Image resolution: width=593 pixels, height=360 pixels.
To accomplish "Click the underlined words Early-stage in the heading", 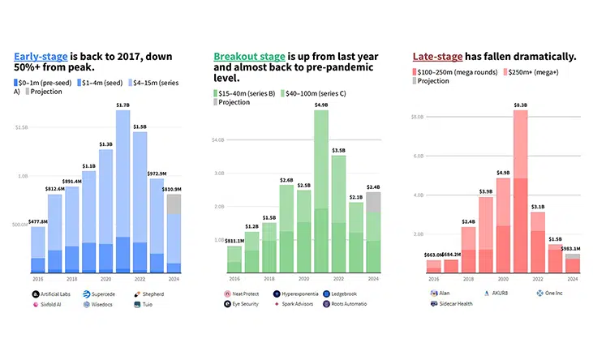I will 38,58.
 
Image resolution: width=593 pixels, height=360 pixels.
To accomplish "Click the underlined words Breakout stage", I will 249,57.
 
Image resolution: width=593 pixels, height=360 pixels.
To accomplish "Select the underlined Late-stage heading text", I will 437,57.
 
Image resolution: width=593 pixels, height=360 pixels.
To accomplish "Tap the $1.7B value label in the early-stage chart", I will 122,105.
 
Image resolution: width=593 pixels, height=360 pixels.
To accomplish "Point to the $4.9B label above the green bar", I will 320,105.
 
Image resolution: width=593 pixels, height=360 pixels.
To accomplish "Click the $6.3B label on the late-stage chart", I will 520,105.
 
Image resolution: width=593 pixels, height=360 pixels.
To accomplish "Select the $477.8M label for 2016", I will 38,221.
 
